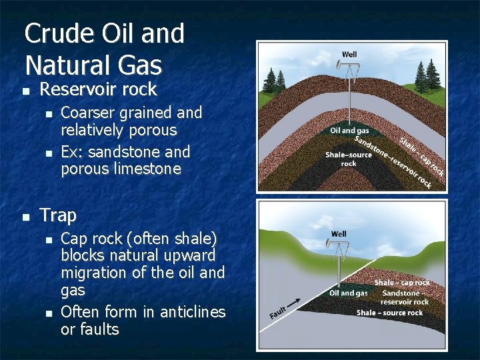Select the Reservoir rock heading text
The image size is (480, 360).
(98, 89)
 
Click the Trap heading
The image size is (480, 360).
(58, 215)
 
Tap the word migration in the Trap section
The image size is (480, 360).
(90, 273)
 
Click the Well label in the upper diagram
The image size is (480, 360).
(349, 54)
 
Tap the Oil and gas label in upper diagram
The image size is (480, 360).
(349, 131)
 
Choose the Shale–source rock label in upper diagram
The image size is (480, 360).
(348, 159)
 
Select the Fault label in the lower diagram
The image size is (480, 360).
(279, 311)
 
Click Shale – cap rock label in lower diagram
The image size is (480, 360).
(402, 283)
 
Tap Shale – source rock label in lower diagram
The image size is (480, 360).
(389, 313)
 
